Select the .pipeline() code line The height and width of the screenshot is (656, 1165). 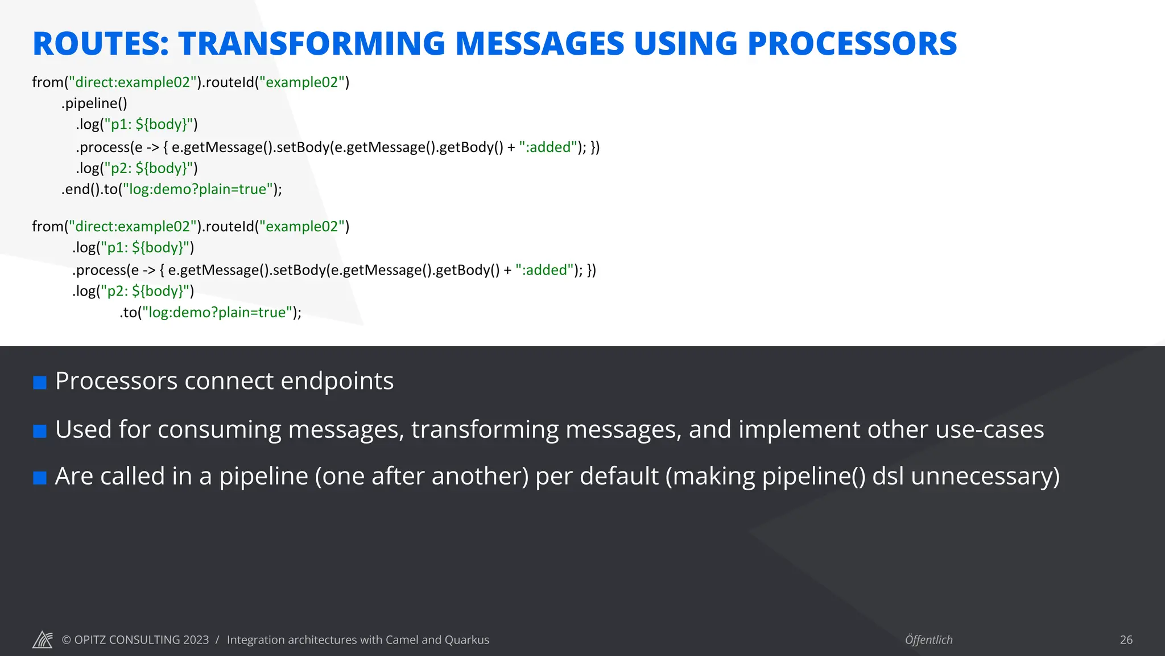coord(94,104)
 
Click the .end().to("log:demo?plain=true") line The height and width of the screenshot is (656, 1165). coord(171,189)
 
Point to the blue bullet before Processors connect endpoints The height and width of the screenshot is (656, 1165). coord(40,383)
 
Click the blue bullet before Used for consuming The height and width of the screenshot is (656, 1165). coord(40,431)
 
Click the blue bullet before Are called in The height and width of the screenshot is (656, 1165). coord(40,478)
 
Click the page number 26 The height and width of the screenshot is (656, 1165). coord(1126,640)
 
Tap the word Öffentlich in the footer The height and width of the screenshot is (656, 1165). coord(928,640)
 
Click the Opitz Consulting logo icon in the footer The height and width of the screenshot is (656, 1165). coord(43,639)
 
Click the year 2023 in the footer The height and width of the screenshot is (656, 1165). coord(196,640)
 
